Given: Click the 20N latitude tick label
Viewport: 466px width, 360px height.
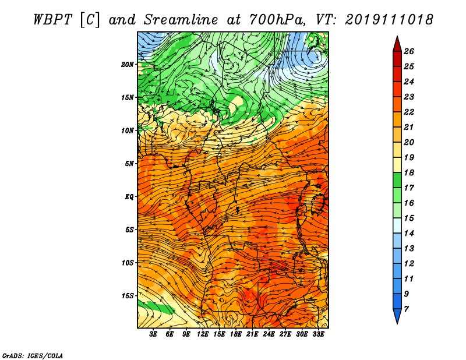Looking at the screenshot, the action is pos(128,65).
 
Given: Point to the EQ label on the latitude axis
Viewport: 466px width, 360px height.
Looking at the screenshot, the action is pos(129,197).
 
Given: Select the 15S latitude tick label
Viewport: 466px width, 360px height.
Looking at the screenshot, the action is pos(128,296).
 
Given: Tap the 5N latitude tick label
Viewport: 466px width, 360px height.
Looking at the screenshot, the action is pos(129,164).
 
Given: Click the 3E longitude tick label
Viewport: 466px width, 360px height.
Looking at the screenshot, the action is pos(153,334).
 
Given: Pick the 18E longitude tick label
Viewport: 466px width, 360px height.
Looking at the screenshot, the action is pos(236,334).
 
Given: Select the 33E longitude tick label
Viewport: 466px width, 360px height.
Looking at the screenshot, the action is pos(318,334).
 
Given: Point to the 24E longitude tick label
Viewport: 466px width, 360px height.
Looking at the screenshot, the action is pos(269,334).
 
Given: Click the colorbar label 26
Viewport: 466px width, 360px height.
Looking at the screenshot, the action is pos(409,51).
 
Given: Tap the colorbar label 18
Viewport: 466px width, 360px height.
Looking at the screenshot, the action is pos(409,172).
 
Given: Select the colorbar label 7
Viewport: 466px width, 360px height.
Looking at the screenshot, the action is pos(406,309).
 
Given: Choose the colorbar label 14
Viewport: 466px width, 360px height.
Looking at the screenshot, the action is pos(409,234).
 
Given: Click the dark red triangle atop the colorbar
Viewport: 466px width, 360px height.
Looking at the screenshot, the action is pos(397,45).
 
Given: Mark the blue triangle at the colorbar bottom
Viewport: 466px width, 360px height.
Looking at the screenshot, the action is pos(397,315).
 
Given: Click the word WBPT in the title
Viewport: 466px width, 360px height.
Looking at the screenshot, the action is pos(52,20).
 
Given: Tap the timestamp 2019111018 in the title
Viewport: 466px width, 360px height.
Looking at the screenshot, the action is pos(389,20).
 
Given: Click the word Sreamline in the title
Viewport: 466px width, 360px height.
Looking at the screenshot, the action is pos(181,20).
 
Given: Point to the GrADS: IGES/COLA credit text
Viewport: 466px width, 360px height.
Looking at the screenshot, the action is pos(33,355).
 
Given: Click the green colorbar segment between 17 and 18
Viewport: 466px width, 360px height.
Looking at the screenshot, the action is pos(397,180).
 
